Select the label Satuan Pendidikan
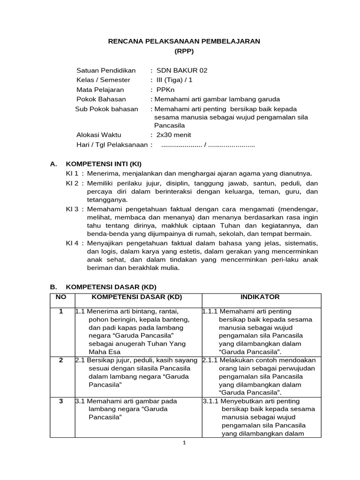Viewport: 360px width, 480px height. [x=106, y=71]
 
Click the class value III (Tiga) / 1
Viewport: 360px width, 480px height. [x=174, y=80]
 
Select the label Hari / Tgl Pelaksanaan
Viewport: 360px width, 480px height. [x=112, y=145]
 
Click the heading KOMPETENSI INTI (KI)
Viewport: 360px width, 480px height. [x=104, y=164]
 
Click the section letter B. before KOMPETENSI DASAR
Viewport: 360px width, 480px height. [x=53, y=287]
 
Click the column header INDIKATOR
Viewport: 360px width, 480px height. [x=260, y=297]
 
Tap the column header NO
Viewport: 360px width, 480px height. [x=61, y=297]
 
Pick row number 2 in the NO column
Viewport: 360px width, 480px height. [x=61, y=360]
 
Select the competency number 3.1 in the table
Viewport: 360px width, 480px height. [x=80, y=402]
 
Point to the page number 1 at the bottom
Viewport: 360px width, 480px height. [x=185, y=443]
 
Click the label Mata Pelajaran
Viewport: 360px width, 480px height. [x=100, y=90]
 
